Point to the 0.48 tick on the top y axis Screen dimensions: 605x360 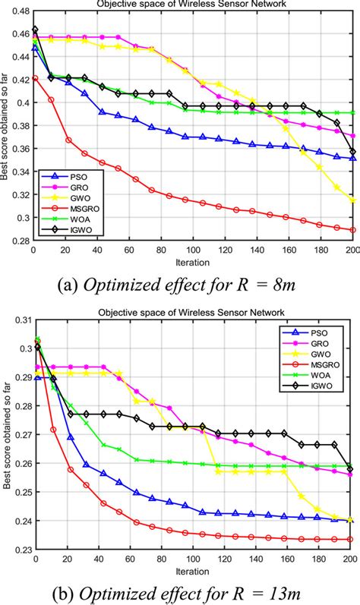pyautogui.click(x=22, y=11)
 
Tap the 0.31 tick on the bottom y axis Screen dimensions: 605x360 pyautogui.click(x=22, y=320)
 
